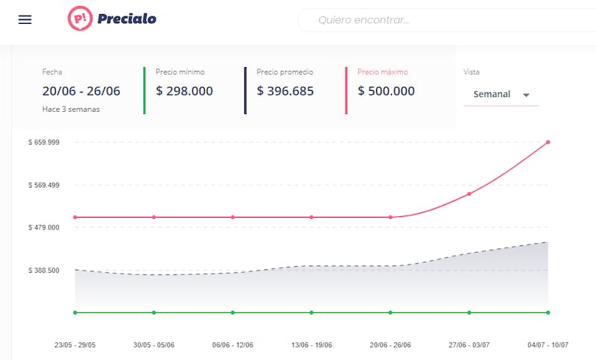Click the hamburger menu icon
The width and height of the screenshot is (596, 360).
click(x=25, y=19)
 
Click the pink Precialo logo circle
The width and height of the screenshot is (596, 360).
click(x=79, y=19)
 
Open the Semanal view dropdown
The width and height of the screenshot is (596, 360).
click(x=501, y=95)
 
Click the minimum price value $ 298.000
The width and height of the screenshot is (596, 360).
click(x=184, y=91)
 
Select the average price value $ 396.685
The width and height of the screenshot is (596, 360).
click(x=285, y=91)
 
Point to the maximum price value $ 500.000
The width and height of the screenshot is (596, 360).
click(x=386, y=91)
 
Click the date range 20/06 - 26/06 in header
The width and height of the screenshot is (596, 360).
click(x=81, y=91)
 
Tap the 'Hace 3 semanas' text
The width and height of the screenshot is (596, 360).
click(x=71, y=109)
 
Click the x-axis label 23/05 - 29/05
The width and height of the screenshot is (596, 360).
click(x=75, y=345)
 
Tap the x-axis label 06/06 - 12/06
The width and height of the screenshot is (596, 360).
click(x=232, y=345)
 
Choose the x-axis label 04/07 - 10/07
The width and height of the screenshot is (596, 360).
click(x=548, y=345)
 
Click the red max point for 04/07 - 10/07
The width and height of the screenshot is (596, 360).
click(x=548, y=142)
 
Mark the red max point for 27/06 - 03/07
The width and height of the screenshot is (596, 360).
click(x=469, y=194)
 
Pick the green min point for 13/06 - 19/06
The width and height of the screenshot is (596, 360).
click(x=311, y=312)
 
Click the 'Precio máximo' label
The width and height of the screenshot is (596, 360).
click(x=382, y=72)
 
